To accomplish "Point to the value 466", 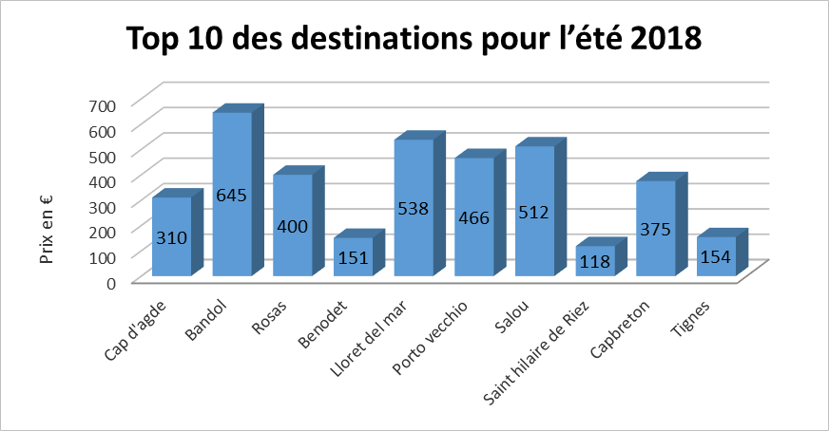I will pos(474,218).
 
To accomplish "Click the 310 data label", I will pos(171,240).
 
